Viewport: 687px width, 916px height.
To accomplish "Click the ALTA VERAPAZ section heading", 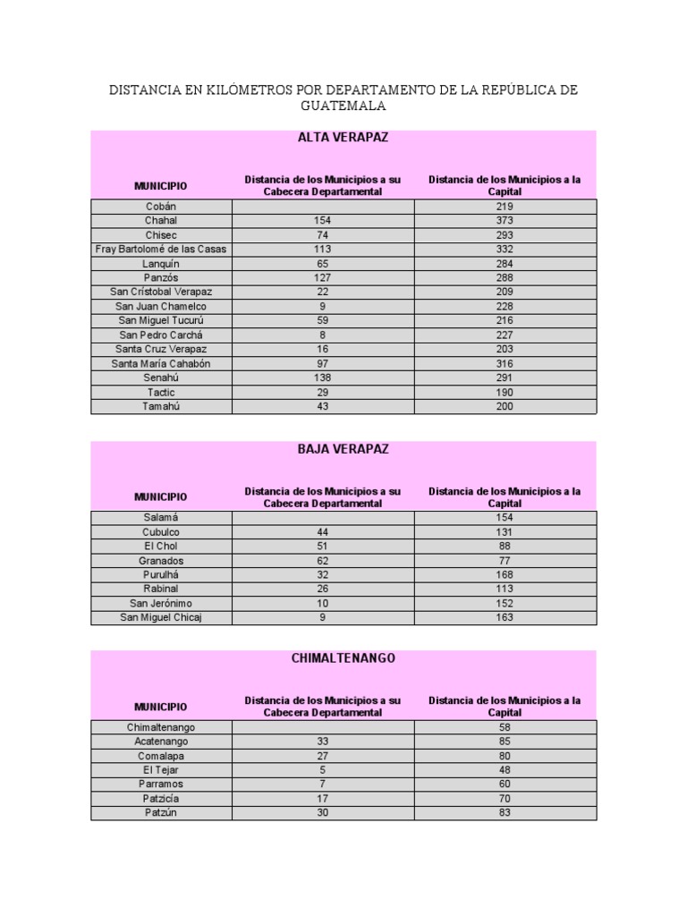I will (x=343, y=138).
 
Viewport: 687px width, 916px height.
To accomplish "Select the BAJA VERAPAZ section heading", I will (x=343, y=449).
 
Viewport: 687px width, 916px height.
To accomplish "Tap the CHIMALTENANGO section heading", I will (x=343, y=657).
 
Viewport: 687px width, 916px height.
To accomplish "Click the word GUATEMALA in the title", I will (x=343, y=106).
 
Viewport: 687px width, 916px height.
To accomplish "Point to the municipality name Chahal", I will (x=161, y=220).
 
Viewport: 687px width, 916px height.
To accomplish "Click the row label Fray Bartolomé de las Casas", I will (x=161, y=249).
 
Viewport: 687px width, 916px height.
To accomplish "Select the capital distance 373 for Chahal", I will (x=505, y=220).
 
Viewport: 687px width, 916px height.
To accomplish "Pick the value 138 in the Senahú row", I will (x=322, y=377).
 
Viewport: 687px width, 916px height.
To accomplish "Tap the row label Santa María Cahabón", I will (x=161, y=363).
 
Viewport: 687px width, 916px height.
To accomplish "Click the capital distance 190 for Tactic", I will (x=505, y=392).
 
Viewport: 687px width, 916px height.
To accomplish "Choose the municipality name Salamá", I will (x=161, y=517).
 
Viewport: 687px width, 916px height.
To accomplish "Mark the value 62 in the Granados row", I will (x=322, y=560).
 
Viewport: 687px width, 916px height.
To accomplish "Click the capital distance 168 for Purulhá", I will (x=505, y=574).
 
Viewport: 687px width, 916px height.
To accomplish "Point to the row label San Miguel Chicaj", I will (x=161, y=617).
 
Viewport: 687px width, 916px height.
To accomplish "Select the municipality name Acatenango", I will (x=161, y=741).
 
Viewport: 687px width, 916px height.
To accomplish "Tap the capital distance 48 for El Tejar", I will (x=505, y=769).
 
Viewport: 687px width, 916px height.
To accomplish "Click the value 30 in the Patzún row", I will (x=322, y=812).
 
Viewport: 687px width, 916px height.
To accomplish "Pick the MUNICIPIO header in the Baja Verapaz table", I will (x=161, y=496).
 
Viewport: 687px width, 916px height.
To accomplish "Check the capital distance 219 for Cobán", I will (x=505, y=206).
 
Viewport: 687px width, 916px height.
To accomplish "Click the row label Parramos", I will (x=161, y=784).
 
